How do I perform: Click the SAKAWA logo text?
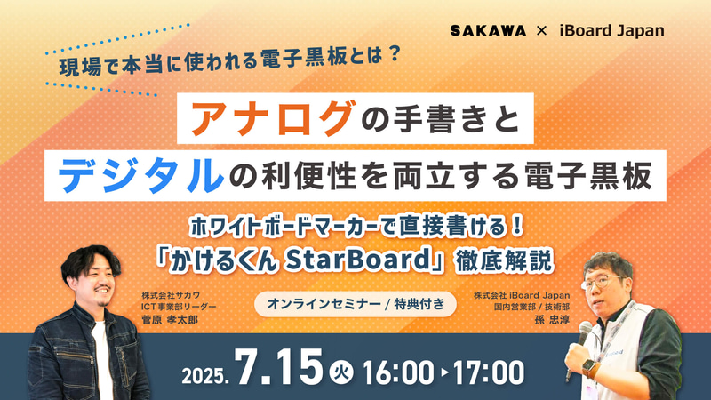493,30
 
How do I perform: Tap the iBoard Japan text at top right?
612,30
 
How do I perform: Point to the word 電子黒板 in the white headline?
608,172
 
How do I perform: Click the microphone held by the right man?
583,336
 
